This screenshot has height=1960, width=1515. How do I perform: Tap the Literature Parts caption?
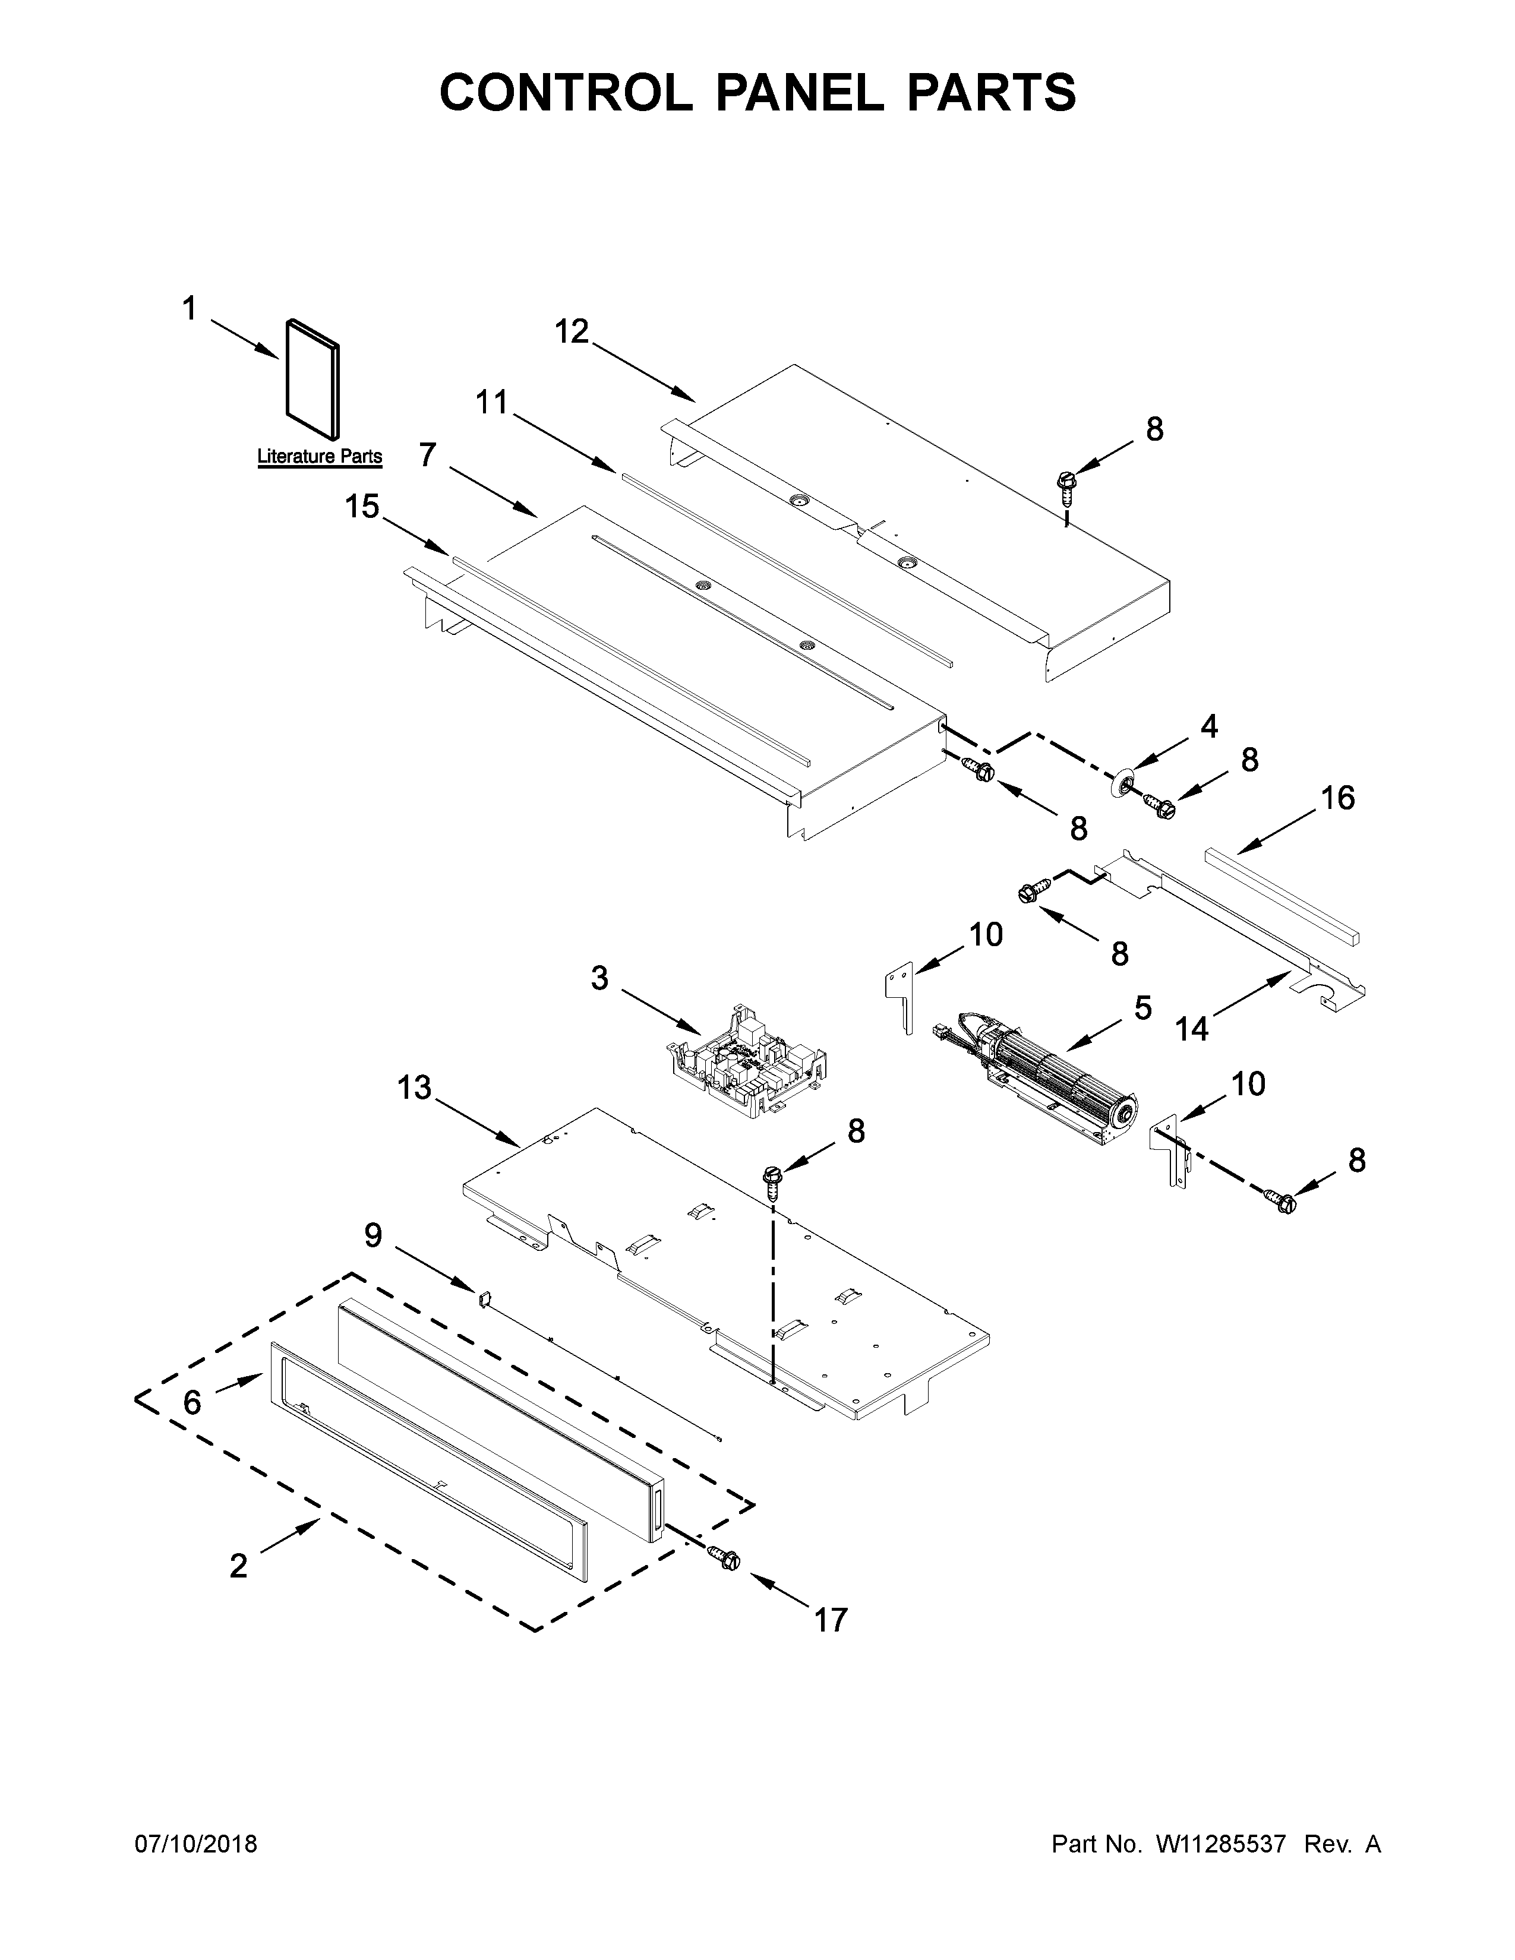point(320,456)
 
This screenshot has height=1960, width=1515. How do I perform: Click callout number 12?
point(571,332)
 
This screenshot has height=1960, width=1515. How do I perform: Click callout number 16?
point(1337,797)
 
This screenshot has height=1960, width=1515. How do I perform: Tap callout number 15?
point(362,507)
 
